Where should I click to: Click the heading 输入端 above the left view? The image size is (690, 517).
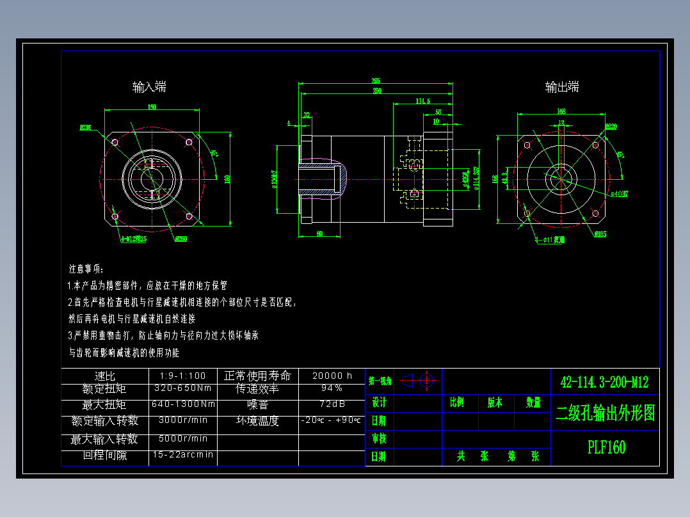coord(150,87)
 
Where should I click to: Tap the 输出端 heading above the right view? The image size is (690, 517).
coord(562,87)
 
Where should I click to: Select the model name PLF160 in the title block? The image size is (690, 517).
coord(606,447)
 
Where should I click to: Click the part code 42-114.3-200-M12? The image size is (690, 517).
coord(604,383)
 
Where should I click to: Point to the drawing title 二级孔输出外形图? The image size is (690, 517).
coord(606,413)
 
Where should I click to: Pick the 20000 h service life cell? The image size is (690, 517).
coord(332,376)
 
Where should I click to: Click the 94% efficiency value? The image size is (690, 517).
coord(332,388)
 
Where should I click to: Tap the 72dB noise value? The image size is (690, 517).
coord(332,404)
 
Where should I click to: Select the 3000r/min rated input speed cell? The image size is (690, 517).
coord(183,420)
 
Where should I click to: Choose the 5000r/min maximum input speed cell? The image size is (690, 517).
coord(183,438)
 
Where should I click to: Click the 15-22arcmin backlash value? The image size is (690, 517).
coord(183,455)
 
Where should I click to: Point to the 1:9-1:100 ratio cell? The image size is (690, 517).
coord(183,376)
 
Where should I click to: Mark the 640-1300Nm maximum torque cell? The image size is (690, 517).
coord(183,404)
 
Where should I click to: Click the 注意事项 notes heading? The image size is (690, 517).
coord(86,269)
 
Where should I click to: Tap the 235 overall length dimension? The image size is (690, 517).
coord(376,81)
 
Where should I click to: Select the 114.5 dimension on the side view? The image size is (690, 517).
coord(422,101)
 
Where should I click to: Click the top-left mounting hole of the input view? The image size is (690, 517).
coord(115,142)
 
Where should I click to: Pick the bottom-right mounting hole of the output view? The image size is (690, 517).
coord(596,213)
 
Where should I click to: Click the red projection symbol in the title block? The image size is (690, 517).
coord(420,381)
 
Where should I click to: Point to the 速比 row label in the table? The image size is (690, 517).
coord(104,376)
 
